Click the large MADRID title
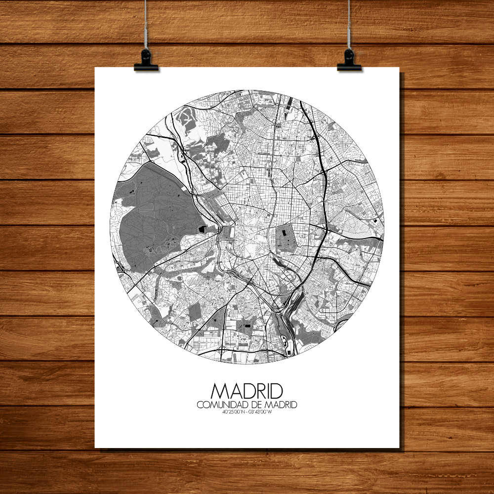247,391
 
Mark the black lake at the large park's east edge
202,229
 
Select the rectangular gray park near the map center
286,238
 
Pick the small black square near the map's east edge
376,220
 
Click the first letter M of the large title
219,391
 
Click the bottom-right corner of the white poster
398,447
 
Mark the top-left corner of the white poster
96,68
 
